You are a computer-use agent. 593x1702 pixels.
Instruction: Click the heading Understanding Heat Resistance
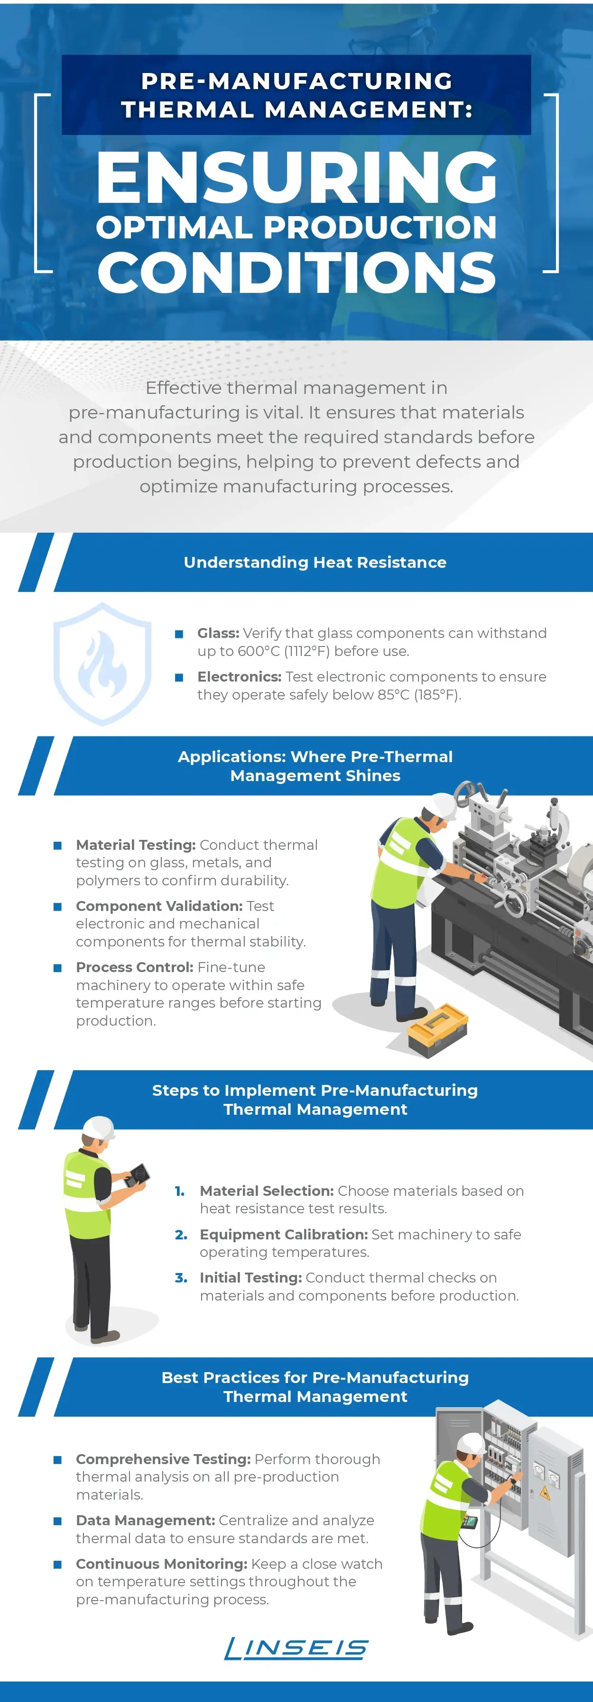click(315, 562)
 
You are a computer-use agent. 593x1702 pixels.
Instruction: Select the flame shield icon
click(102, 664)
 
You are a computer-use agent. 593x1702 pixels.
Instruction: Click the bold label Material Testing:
click(136, 845)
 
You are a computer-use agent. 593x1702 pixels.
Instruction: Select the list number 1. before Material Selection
click(180, 1191)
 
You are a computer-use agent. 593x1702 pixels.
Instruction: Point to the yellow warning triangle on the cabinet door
click(546, 1492)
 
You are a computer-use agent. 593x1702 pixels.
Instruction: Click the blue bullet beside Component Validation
click(57, 907)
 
